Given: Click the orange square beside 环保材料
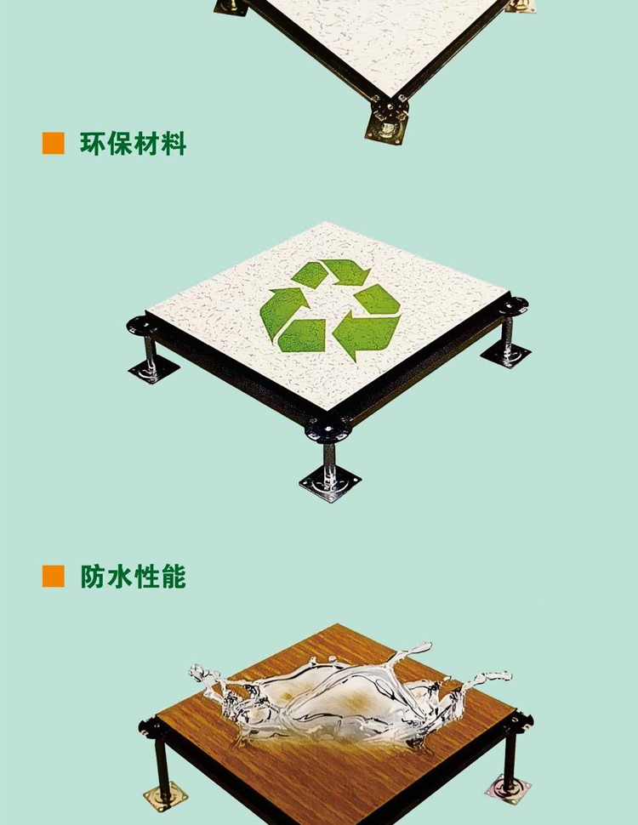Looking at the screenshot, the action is click(53, 143).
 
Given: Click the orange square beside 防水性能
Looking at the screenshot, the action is click(53, 576).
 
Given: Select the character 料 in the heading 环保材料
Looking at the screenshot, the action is click(174, 144).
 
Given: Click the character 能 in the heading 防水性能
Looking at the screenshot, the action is click(174, 577).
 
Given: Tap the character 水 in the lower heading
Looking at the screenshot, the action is click(119, 577).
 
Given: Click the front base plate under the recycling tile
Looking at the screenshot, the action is click(331, 484).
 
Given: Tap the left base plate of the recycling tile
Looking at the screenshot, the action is click(153, 370).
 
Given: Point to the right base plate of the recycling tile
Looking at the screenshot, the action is click(506, 355).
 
